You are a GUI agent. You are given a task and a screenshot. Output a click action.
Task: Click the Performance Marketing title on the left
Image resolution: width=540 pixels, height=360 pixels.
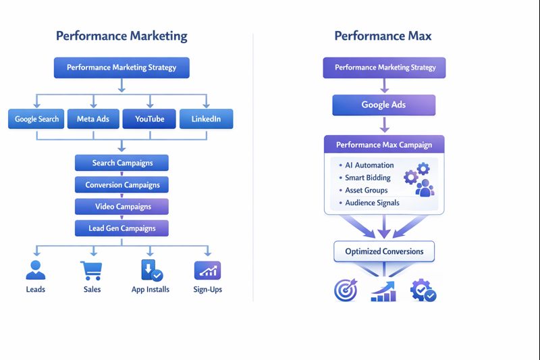point(122,36)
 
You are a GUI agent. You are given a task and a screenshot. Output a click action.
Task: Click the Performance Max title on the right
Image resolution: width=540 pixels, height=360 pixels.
point(383,36)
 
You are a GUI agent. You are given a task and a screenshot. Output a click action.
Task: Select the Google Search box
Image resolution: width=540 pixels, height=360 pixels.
point(37,120)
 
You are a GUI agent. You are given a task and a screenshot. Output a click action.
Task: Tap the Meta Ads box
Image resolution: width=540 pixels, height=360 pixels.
point(93,120)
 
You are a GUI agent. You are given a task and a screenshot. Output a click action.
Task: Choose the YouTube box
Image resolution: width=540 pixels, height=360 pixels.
point(149,120)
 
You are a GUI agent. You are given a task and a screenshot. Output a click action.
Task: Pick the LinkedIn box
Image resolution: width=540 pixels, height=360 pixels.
point(206,120)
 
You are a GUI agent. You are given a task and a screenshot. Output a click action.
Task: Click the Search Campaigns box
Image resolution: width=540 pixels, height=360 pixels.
point(122,163)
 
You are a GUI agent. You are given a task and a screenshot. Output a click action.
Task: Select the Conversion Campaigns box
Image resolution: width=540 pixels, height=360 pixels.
point(122,185)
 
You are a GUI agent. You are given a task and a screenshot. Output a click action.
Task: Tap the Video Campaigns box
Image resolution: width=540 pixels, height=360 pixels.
point(122,207)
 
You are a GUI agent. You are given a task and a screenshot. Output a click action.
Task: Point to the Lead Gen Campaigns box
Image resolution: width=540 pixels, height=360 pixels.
point(122,229)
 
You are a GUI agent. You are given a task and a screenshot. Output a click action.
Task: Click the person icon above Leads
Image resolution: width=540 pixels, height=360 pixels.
point(35,270)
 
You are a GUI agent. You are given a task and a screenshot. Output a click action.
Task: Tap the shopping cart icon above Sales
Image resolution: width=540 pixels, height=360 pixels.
point(91,270)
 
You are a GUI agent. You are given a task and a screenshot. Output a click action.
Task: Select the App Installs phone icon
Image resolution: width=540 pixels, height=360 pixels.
point(151,270)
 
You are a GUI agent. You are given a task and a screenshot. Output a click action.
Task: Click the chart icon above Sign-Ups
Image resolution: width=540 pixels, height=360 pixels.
point(207,270)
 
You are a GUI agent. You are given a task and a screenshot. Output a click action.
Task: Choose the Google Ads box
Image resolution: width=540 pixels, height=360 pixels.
point(383,105)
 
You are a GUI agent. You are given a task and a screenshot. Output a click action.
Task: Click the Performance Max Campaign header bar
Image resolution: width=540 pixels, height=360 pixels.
point(383,145)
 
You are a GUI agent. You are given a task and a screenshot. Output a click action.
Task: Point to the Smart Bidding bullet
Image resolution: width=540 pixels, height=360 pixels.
point(367,178)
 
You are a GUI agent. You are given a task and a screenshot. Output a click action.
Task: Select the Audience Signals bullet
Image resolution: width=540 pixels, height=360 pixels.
point(372,203)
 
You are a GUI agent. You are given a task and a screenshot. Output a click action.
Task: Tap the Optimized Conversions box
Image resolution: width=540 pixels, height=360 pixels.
point(384,251)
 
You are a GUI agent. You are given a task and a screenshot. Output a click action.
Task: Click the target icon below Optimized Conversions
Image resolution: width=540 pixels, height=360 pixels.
point(345,290)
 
